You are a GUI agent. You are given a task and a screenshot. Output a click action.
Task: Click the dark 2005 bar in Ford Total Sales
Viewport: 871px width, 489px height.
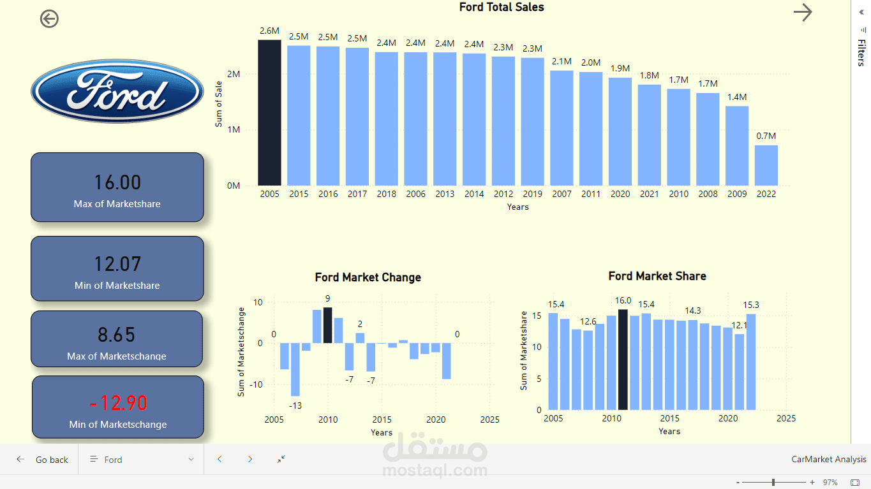269,112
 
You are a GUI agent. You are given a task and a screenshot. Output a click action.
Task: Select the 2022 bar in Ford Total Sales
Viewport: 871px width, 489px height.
766,165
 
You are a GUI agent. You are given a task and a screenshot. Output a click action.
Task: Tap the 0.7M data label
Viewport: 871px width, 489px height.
766,136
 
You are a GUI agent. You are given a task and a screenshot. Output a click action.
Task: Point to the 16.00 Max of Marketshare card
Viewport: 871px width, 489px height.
117,187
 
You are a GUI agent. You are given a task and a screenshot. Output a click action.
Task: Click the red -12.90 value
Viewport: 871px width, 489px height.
118,403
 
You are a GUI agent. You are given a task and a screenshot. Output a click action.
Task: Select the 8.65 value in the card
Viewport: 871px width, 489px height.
117,335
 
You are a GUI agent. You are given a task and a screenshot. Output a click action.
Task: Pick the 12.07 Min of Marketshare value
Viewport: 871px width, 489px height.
117,263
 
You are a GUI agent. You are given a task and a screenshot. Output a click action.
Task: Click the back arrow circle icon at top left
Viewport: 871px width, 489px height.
49,19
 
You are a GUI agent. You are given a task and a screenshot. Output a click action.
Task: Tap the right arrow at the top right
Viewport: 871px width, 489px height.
802,12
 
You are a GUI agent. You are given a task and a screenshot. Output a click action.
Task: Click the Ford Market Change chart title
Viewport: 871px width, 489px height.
368,277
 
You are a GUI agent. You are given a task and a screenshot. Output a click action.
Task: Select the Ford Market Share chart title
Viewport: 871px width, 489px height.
657,276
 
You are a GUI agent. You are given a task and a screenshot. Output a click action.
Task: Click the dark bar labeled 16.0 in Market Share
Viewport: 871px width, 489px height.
623,360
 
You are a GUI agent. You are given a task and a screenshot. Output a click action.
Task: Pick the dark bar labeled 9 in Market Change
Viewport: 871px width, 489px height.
327,325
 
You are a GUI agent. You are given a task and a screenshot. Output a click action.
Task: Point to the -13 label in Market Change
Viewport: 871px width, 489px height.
295,405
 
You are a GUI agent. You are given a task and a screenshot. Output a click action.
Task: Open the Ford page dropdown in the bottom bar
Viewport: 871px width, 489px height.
141,460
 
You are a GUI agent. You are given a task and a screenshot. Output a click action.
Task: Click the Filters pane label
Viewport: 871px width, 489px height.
861,52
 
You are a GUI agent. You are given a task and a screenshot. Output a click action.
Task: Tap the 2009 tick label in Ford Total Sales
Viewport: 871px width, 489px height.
736,194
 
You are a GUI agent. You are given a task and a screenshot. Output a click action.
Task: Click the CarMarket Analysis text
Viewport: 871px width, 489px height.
828,460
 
